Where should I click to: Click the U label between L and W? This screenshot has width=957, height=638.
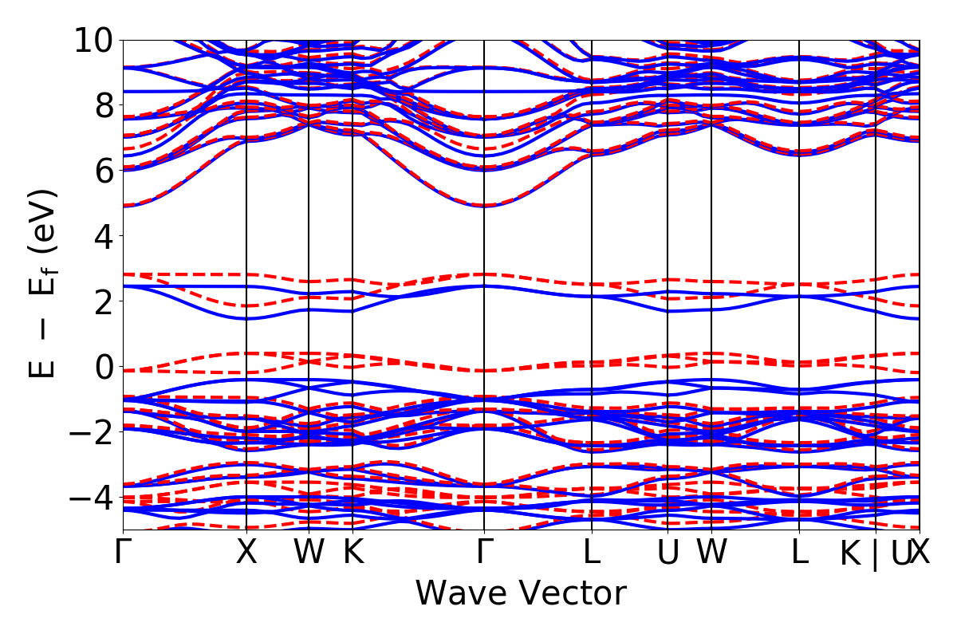tap(668, 553)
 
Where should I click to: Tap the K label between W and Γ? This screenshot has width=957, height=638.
tap(352, 553)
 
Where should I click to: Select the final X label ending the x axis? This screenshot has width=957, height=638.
tap(920, 553)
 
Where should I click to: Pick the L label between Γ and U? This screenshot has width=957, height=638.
tap(592, 553)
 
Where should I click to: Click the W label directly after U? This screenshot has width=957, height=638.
tap(711, 553)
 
